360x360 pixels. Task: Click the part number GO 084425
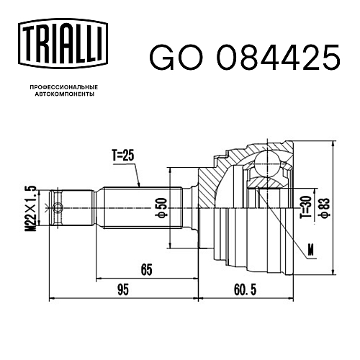pyautogui.click(x=245, y=57)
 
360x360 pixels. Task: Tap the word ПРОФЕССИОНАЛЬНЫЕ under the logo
pyautogui.click(x=64, y=87)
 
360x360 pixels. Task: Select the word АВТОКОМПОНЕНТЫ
pyautogui.click(x=64, y=94)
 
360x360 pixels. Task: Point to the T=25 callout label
pyautogui.click(x=123, y=156)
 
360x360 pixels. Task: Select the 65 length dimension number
pyautogui.click(x=146, y=269)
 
